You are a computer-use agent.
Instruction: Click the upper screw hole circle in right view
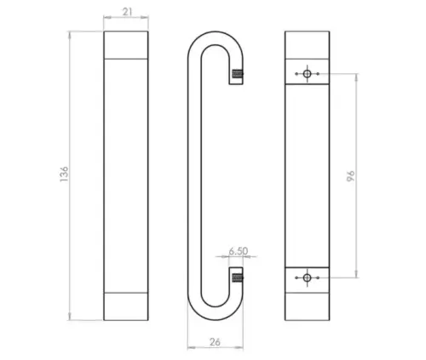(308, 74)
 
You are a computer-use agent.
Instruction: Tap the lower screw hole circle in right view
(308, 277)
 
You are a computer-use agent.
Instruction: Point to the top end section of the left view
(126, 44)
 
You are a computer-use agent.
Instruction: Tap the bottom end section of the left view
(126, 306)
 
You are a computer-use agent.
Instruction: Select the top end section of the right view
(308, 43)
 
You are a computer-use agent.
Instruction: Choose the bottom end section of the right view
(308, 306)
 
